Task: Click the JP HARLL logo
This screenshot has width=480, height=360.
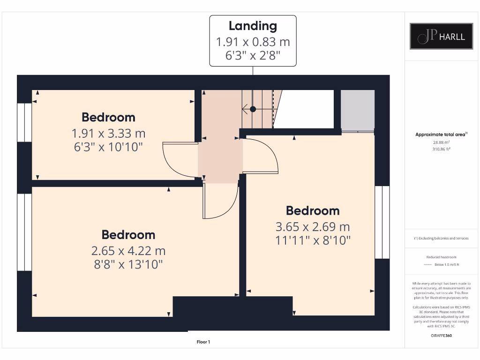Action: pyautogui.click(x=442, y=36)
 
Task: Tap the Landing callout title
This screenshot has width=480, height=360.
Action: pyautogui.click(x=253, y=26)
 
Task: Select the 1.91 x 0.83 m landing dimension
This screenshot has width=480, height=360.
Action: pyautogui.click(x=253, y=42)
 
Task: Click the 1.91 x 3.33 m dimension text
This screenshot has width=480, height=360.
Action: pyautogui.click(x=108, y=133)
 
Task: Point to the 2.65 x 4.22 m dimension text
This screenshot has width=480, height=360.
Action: pyautogui.click(x=128, y=251)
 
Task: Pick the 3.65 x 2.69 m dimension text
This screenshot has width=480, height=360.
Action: pyautogui.click(x=313, y=227)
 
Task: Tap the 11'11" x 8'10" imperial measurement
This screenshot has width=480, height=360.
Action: pyautogui.click(x=313, y=240)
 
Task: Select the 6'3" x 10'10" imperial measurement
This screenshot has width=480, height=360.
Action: pyautogui.click(x=108, y=147)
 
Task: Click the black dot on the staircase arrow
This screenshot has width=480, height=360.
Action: pyautogui.click(x=253, y=109)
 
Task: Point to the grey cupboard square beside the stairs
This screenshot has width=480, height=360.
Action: pyautogui.click(x=357, y=110)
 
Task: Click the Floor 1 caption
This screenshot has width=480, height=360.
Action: pyautogui.click(x=203, y=342)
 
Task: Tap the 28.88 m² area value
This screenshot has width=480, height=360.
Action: pyautogui.click(x=441, y=142)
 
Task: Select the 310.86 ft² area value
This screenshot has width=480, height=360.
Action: pyautogui.click(x=441, y=150)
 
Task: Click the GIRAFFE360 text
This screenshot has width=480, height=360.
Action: pyautogui.click(x=441, y=336)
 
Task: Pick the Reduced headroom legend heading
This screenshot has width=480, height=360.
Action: pyautogui.click(x=441, y=257)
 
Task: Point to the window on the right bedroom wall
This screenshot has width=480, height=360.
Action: pyautogui.click(x=382, y=222)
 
